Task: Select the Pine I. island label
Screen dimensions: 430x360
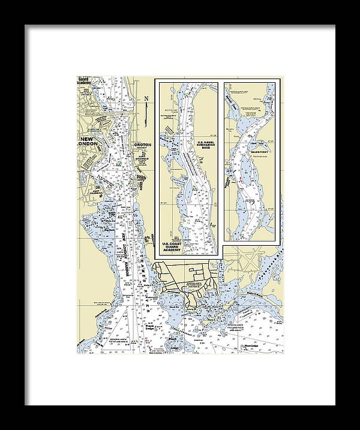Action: (x=211, y=323)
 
